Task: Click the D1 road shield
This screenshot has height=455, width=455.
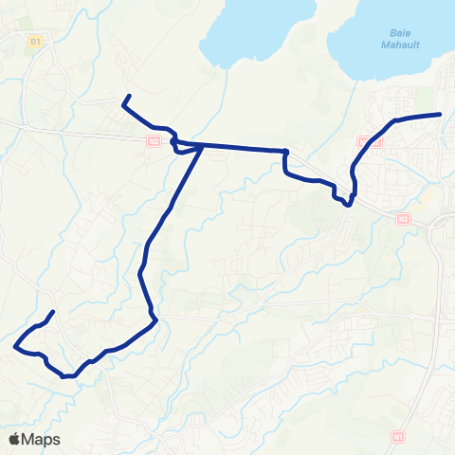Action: [x=36, y=42]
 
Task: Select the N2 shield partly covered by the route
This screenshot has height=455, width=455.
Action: [x=373, y=142]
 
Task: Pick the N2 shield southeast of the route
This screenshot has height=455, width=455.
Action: [x=404, y=218]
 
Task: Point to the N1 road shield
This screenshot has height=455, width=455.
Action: [x=397, y=437]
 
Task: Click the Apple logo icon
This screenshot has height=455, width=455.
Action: [x=16, y=439]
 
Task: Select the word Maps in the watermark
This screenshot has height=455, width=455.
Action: [x=41, y=439]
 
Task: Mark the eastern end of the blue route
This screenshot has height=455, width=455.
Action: [x=441, y=114]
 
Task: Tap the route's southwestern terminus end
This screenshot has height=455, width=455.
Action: [x=52, y=312]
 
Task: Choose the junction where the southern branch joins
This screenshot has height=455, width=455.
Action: [x=202, y=147]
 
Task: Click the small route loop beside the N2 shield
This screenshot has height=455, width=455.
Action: [x=177, y=145]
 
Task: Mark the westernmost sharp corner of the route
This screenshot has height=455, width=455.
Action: [x=14, y=347]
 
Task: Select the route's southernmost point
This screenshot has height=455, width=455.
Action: [x=66, y=376]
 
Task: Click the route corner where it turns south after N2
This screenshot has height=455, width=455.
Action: [x=285, y=152]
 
